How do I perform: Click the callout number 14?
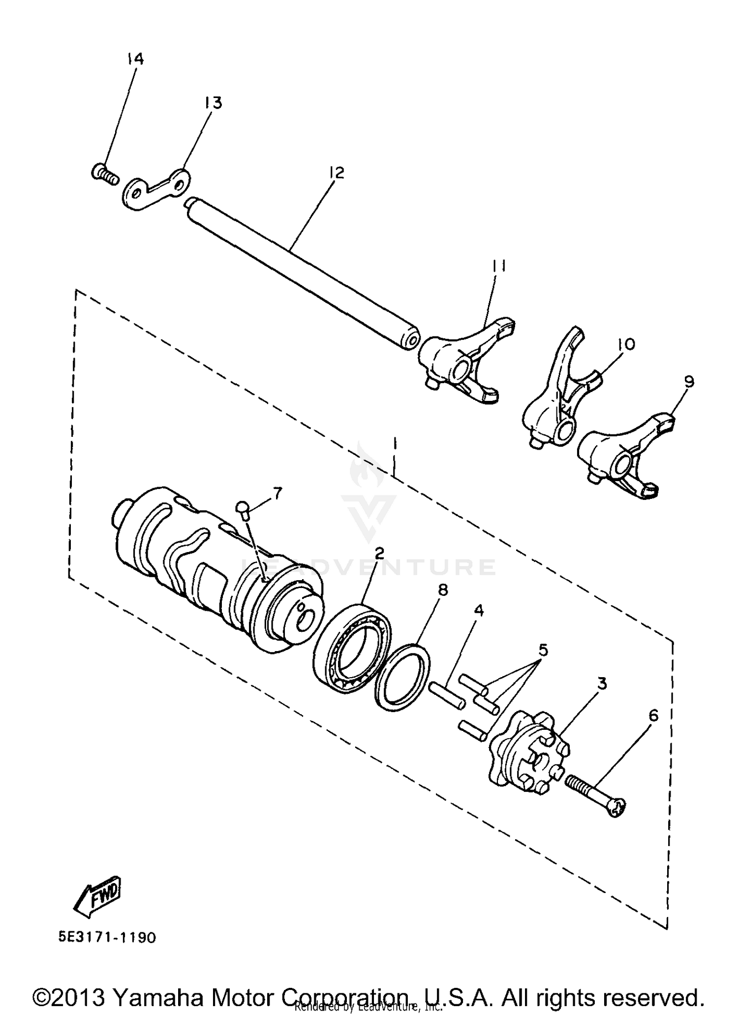tap(135, 60)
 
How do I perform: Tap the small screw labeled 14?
tap(105, 174)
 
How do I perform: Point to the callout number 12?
tap(337, 173)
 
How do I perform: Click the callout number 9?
tap(688, 381)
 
